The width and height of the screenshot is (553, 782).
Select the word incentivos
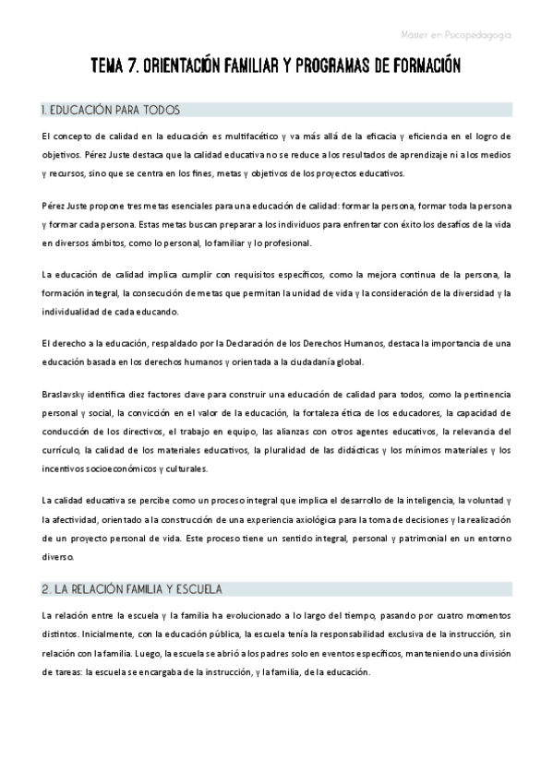(x=63, y=468)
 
